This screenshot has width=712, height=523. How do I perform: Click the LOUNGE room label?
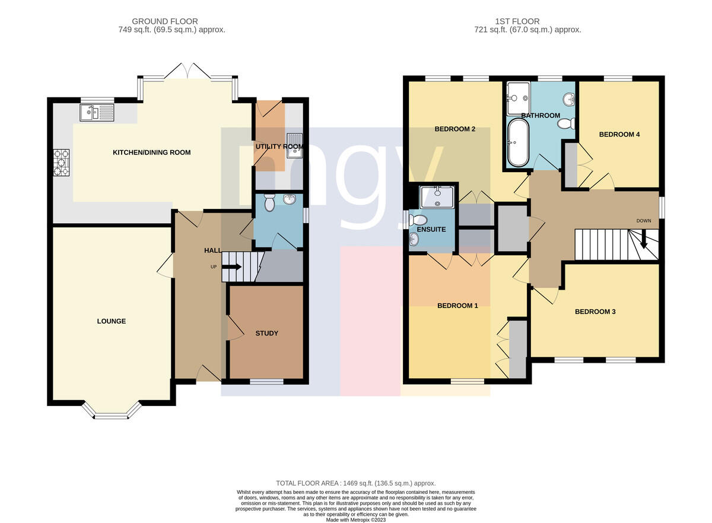(x=112, y=321)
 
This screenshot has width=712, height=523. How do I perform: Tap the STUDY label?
(x=266, y=333)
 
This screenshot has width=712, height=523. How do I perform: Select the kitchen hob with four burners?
(x=61, y=163)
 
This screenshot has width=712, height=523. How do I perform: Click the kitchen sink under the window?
(x=97, y=113)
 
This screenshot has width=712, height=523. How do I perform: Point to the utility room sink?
(x=295, y=146)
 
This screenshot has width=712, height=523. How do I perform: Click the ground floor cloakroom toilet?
(x=269, y=202)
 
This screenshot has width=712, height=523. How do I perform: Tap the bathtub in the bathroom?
(x=518, y=142)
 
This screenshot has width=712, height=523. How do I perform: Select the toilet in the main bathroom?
(x=566, y=123)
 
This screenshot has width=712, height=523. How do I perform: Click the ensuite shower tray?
(x=437, y=198)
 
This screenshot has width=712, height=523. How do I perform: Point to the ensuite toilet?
(x=418, y=220)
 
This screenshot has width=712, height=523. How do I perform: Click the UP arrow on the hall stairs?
(x=232, y=267)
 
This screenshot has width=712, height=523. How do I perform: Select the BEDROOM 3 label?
(x=595, y=312)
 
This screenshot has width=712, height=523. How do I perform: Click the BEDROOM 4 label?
(x=619, y=135)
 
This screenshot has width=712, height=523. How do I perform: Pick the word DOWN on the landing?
(x=644, y=221)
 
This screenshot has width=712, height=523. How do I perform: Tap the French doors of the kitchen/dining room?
(x=187, y=71)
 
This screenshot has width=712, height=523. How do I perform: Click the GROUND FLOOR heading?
(x=165, y=21)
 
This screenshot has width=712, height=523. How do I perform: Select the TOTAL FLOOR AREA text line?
(x=355, y=483)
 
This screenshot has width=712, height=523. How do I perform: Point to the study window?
(x=266, y=382)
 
